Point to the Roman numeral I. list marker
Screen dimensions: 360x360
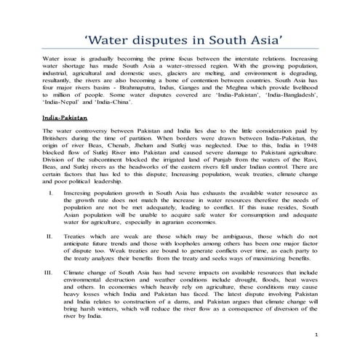pyautogui.click(x=49, y=194)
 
